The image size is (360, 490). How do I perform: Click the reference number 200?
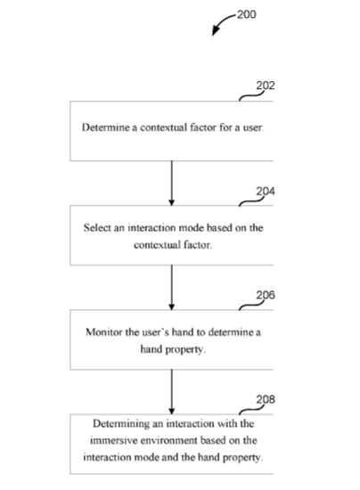247,14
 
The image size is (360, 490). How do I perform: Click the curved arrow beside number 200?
221,22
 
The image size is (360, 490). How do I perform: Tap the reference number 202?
266,86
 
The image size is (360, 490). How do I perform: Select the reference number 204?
266,191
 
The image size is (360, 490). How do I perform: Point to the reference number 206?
266,295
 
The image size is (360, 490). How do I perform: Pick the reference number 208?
266,399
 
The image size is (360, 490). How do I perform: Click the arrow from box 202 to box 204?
172,184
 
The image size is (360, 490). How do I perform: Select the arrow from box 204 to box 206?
172,288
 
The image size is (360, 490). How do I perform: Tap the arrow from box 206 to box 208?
172,392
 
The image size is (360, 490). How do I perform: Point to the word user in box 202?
252,127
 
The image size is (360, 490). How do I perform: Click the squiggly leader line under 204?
251,202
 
